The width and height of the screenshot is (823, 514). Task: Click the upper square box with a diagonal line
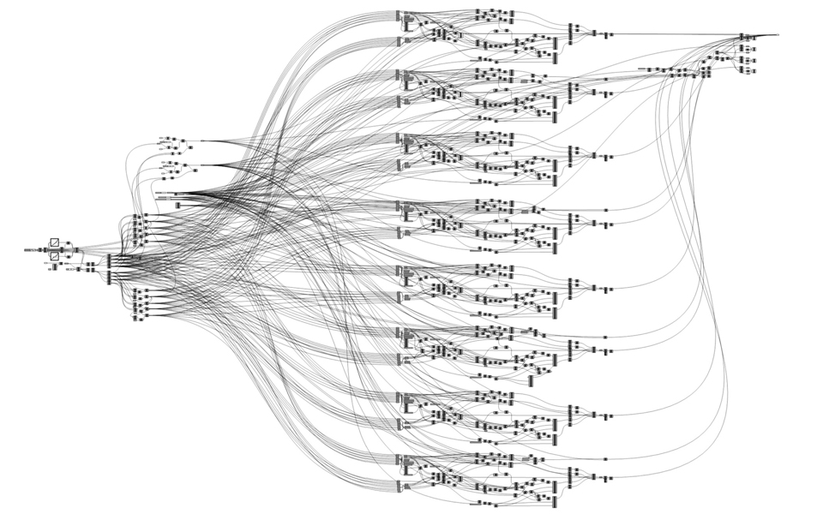pos(55,243)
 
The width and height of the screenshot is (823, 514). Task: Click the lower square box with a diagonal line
pos(55,255)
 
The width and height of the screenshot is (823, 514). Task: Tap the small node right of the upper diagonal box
pos(68,243)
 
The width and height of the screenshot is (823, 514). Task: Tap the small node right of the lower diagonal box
pos(68,255)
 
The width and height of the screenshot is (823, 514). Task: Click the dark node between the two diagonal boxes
pos(49,249)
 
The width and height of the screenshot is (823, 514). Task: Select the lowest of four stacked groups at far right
pos(751,72)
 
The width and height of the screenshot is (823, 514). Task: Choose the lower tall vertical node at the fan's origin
pos(109,276)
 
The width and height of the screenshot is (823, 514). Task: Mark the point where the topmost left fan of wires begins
pos(201,140)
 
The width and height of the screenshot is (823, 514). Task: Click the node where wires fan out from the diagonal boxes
pos(77,249)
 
